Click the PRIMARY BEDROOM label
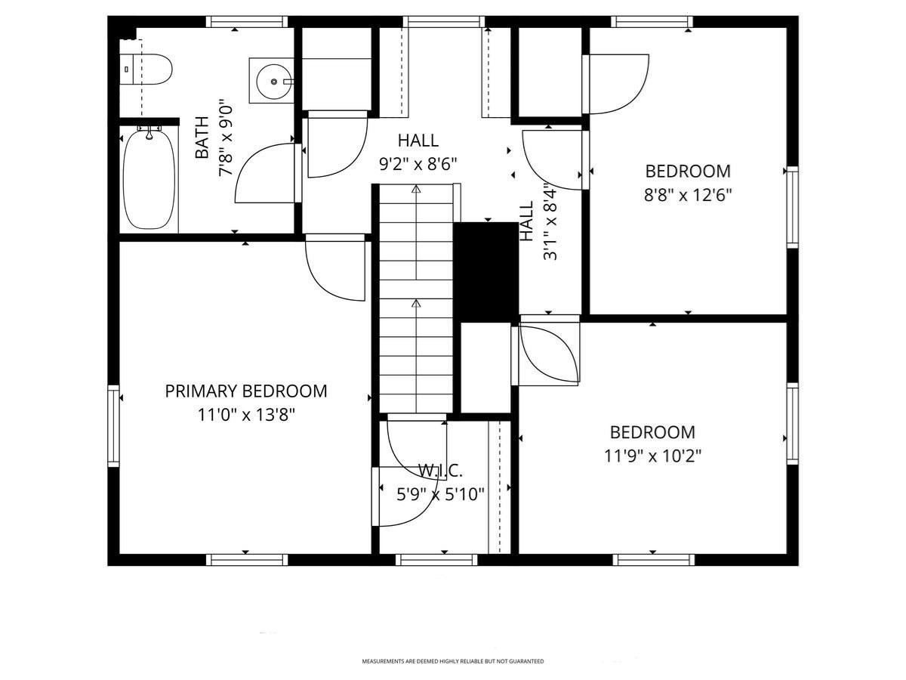pyautogui.click(x=246, y=391)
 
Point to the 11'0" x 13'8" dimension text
pyautogui.click(x=246, y=415)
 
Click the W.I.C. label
pyautogui.click(x=440, y=470)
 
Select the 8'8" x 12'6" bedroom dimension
pyautogui.click(x=688, y=194)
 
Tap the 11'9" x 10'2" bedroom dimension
pyautogui.click(x=652, y=456)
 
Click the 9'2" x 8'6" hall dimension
pyautogui.click(x=418, y=164)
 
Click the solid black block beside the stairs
pyautogui.click(x=485, y=272)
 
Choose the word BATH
pyautogui.click(x=202, y=138)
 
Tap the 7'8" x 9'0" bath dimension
pyautogui.click(x=226, y=138)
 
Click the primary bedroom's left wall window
pyautogui.click(x=113, y=425)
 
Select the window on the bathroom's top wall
pyautogui.click(x=247, y=22)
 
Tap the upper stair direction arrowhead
pyautogui.click(x=416, y=190)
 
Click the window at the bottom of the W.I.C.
pyautogui.click(x=436, y=560)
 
